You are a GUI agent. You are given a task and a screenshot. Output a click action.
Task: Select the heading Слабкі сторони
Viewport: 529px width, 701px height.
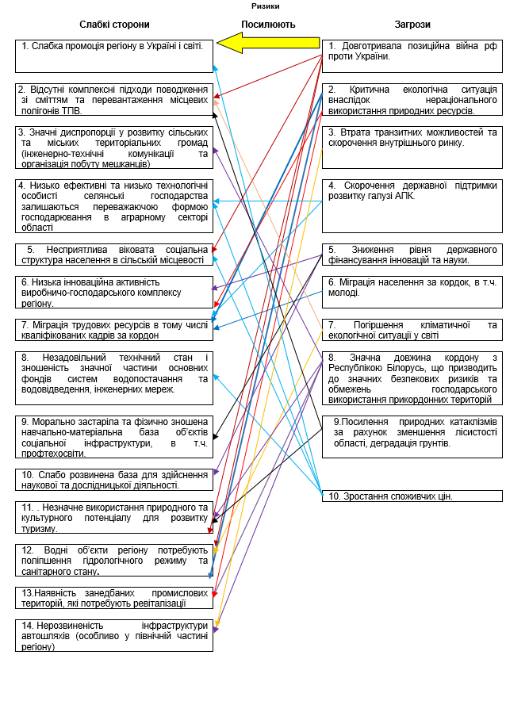[x=114, y=25]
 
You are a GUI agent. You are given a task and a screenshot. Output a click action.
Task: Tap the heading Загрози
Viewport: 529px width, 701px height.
[x=412, y=25]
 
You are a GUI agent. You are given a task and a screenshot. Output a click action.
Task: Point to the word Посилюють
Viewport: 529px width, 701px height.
[x=268, y=25]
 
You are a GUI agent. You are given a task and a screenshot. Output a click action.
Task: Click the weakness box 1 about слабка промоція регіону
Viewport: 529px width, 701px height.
[x=114, y=56]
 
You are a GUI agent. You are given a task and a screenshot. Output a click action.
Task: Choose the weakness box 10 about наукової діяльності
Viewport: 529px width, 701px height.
[x=114, y=479]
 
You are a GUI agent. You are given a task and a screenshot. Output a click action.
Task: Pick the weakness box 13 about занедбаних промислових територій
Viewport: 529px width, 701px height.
[x=114, y=597]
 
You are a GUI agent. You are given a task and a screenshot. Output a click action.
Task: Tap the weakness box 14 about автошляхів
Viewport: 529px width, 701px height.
[x=114, y=635]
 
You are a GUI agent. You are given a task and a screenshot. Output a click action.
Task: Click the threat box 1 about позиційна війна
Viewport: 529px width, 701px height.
[x=412, y=56]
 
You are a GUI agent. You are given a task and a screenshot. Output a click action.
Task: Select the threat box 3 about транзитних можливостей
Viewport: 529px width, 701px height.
[x=412, y=147]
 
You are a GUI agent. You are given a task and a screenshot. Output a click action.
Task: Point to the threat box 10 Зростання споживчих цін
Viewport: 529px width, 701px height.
[x=412, y=496]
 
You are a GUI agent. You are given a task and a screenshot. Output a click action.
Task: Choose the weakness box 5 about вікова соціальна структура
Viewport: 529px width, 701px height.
[x=114, y=254]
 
